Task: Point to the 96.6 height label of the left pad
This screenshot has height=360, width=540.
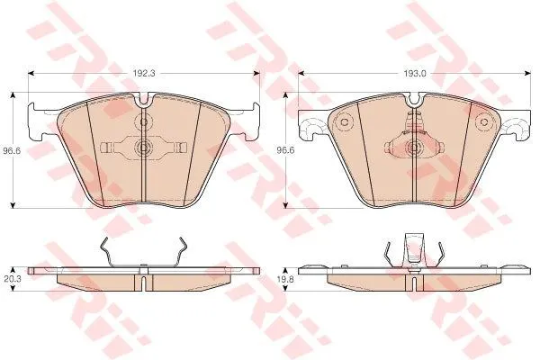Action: coord(12,150)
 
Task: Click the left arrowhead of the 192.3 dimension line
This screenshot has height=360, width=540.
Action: coord(31,73)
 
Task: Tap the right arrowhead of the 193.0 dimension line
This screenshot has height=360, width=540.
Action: coord(526,73)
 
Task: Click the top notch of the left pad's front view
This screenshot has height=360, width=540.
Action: coord(144,99)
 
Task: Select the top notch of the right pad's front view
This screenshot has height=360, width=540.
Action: coord(415,100)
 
